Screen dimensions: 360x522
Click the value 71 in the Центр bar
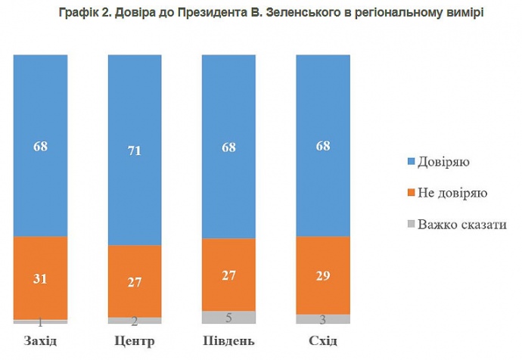point(135,151)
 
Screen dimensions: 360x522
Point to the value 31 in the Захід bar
point(41,278)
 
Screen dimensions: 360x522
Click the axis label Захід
point(41,340)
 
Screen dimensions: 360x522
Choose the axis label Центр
point(135,340)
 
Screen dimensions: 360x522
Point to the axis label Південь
point(229,340)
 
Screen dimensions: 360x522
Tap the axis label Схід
point(323,340)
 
